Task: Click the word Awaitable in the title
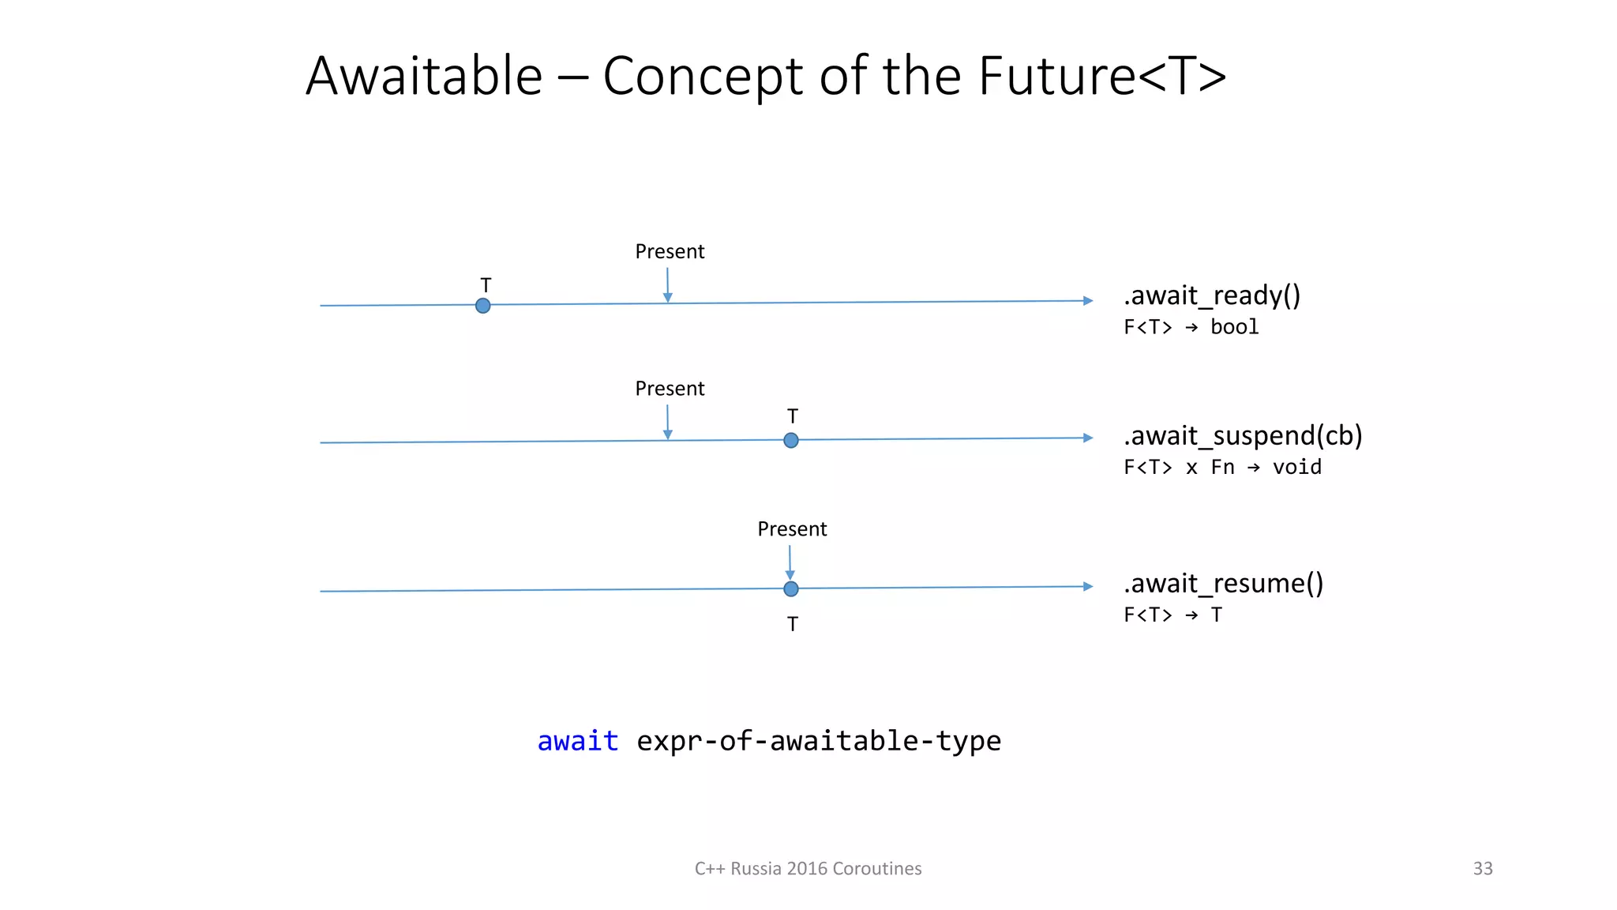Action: tap(424, 77)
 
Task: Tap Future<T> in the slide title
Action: tap(1102, 77)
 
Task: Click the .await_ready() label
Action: tap(1212, 295)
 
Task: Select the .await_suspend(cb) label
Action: tap(1243, 435)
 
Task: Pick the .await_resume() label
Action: tap(1223, 583)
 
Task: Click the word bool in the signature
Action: tap(1234, 327)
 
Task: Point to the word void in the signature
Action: tap(1296, 468)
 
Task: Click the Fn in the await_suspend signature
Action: tap(1222, 468)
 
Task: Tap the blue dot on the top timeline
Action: tap(483, 306)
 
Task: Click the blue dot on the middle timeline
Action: tap(791, 441)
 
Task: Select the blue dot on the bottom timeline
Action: tap(791, 589)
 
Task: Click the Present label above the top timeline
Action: tap(670, 252)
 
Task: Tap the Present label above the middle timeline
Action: tap(670, 389)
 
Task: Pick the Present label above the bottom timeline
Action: tap(792, 529)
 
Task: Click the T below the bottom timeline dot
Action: tap(793, 624)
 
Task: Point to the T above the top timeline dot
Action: tap(486, 285)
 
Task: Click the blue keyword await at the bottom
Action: tap(577, 741)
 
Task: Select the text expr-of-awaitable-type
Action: tap(819, 741)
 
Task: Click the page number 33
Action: tap(1482, 868)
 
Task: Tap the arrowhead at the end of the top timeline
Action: tap(1088, 301)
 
